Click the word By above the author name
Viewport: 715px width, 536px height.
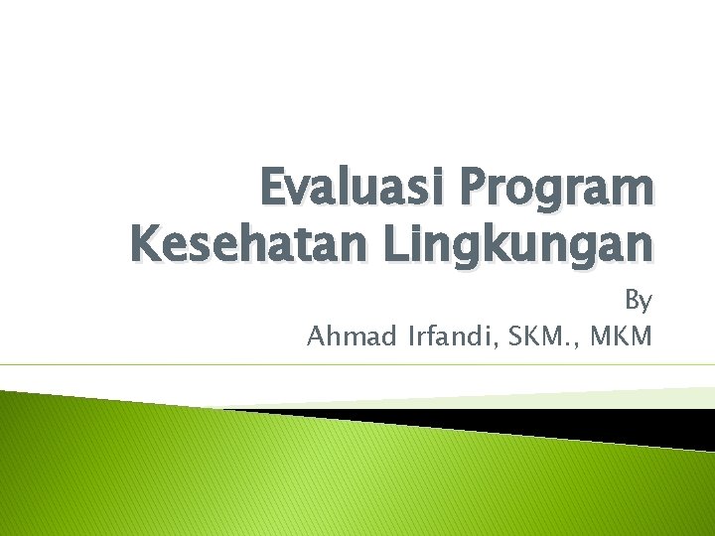point(638,299)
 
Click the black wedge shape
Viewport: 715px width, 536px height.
point(556,424)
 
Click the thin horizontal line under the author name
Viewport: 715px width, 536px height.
point(357,365)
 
